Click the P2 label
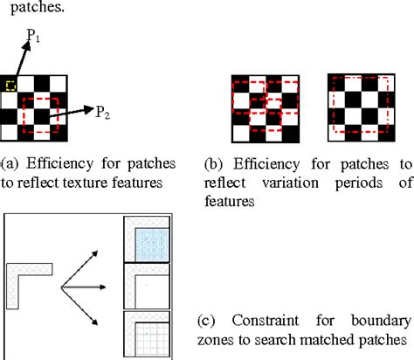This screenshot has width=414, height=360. (104, 111)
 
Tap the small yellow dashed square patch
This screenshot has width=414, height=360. (10, 84)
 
